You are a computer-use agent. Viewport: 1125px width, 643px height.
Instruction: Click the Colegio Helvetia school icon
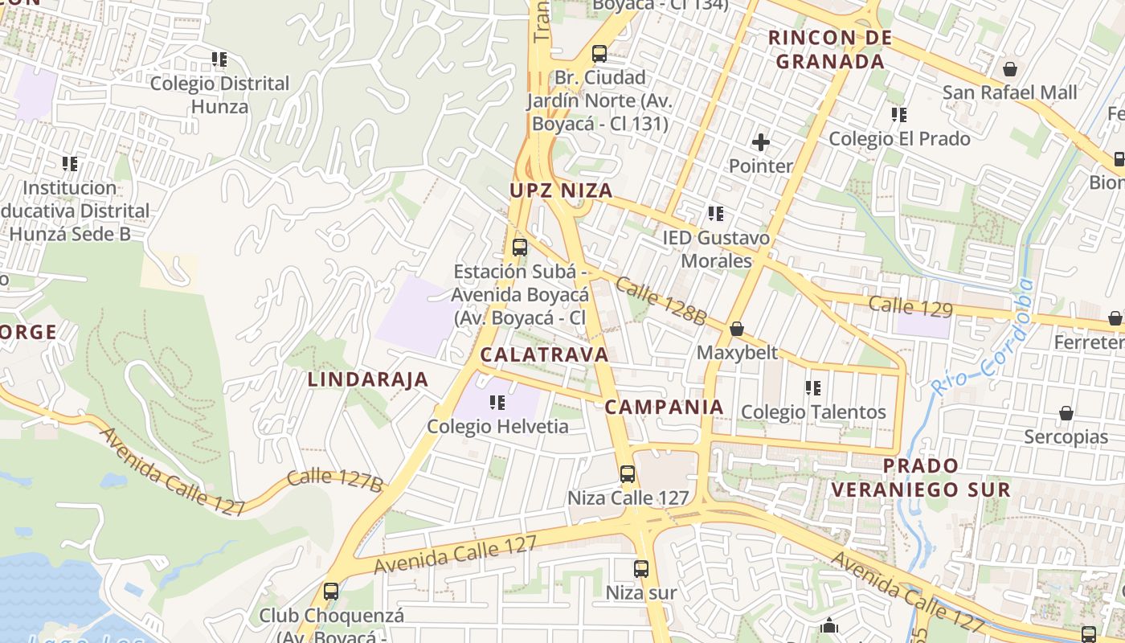tap(497, 402)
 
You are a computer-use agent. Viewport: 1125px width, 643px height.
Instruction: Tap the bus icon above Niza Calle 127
tap(628, 474)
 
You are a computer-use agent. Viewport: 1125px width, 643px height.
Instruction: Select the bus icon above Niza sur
tap(640, 569)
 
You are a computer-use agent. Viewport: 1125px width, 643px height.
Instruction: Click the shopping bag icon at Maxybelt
tap(737, 329)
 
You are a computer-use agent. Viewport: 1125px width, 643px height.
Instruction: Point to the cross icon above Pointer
tap(760, 143)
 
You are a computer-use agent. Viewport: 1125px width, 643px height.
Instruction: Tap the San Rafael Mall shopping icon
tap(1009, 69)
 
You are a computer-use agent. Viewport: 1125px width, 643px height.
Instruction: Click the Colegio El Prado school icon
tap(899, 115)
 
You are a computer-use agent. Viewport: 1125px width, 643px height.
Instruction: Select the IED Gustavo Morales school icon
tap(715, 214)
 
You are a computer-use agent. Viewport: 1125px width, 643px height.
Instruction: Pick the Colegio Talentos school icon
tap(813, 388)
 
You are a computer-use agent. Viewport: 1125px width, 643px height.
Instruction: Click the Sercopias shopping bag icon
tap(1066, 413)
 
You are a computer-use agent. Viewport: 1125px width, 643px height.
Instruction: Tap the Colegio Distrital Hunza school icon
tap(219, 59)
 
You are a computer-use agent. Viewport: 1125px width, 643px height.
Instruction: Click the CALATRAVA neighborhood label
tap(544, 354)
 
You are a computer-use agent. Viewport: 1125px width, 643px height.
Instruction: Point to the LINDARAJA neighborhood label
tap(368, 380)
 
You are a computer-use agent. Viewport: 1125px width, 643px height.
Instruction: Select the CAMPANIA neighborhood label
tap(664, 408)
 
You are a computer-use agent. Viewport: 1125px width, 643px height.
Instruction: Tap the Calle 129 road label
tap(910, 307)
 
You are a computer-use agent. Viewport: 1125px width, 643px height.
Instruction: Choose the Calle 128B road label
tap(661, 301)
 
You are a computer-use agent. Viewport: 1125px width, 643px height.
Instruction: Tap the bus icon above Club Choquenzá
tap(331, 592)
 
